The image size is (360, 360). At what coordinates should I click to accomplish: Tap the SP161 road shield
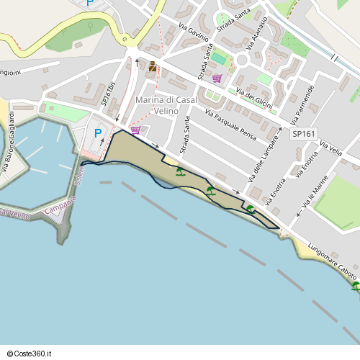[304, 134]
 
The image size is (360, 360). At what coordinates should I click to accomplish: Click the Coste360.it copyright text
[30, 354]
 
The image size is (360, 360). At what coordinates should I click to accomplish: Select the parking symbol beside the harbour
[98, 133]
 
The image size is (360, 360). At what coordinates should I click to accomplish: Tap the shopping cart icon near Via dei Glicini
[217, 78]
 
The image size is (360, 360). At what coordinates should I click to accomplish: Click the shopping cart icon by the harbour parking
[135, 130]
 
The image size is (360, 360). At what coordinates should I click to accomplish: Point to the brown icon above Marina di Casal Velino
[153, 67]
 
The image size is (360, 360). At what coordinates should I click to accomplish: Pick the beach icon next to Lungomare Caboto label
[356, 286]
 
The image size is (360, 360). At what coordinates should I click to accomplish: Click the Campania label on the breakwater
[60, 210]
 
